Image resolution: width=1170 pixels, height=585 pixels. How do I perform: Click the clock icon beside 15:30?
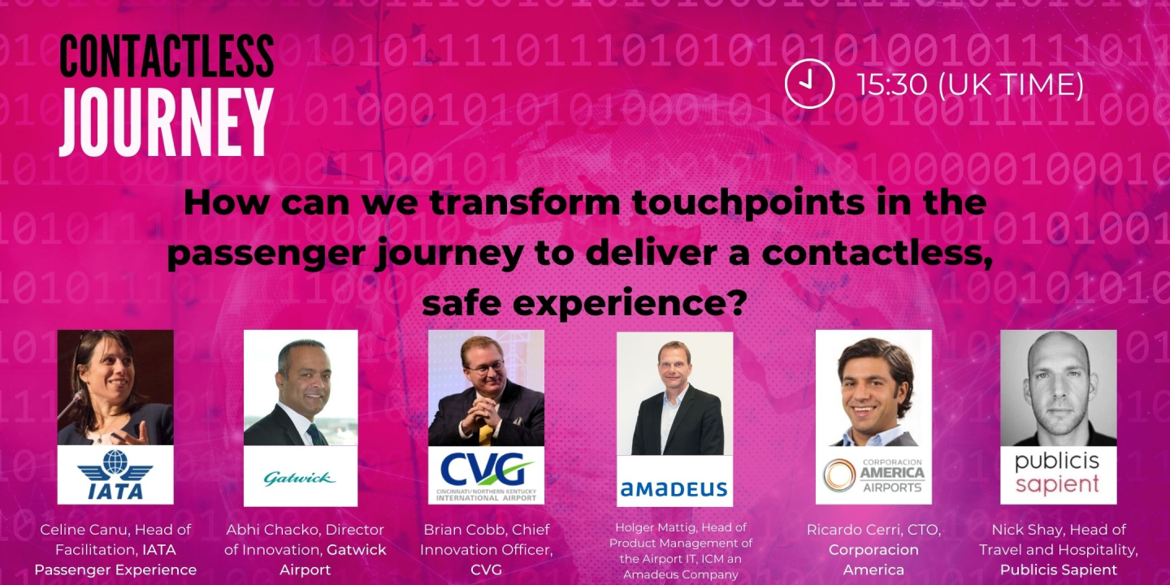[809, 84]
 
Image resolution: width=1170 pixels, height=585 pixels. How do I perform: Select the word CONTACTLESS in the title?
[166, 57]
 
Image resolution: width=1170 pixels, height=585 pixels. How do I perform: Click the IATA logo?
[115, 474]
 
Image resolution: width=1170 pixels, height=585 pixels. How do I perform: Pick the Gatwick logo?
[300, 478]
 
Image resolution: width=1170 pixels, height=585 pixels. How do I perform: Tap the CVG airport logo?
[486, 474]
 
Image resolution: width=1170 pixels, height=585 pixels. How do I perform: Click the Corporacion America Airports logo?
[873, 474]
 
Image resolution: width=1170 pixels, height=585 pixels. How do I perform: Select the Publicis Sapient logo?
[1058, 474]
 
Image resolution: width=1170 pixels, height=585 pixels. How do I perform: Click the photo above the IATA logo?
[115, 388]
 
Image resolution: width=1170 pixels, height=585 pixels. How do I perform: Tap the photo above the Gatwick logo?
[300, 388]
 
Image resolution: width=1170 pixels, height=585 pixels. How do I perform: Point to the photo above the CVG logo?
[486, 388]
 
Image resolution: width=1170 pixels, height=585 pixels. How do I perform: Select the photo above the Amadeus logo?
[674, 393]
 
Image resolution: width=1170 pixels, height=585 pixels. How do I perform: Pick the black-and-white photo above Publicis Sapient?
[1058, 388]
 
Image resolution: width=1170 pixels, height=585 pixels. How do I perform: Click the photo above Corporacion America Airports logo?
[873, 388]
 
